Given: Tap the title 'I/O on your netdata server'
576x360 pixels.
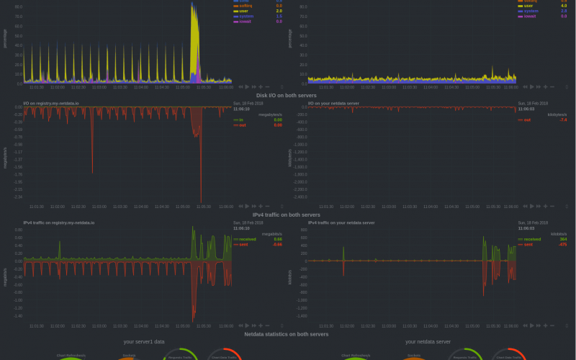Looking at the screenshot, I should coord(333,103).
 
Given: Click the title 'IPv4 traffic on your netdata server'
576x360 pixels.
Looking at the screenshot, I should coord(341,222).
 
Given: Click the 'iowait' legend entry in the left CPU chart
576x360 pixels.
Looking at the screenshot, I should coord(246,22).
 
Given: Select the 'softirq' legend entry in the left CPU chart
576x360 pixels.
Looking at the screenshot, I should coord(246,5).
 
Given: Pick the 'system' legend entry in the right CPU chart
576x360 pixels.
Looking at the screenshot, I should coord(531,11).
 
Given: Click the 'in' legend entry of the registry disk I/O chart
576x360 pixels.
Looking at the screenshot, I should coord(241,120).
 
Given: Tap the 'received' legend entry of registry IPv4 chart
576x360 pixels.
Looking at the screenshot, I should coord(248,239).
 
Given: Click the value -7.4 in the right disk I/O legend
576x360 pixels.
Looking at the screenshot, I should coord(563,120).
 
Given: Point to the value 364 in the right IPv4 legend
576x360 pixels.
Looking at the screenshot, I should coord(563,239).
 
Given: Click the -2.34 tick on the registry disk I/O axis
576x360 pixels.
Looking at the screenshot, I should coord(18,197).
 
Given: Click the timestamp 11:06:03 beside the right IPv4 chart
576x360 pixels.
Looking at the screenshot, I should coord(526,228).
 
